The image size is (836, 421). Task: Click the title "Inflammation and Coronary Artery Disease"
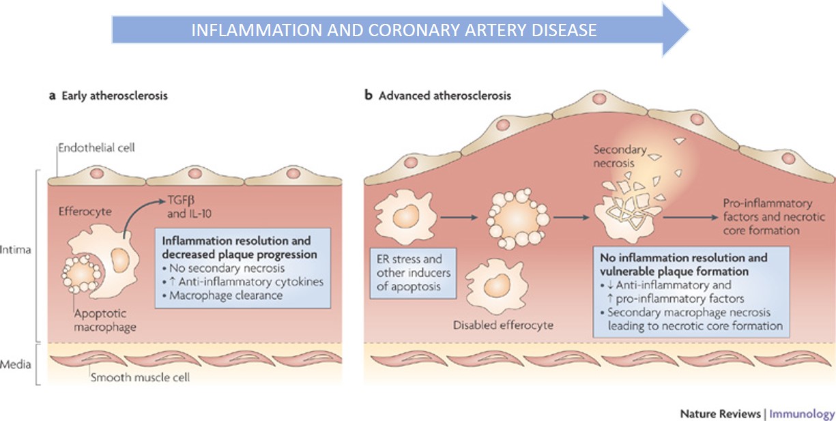(394, 31)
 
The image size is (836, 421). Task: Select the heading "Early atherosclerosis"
(113, 96)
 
